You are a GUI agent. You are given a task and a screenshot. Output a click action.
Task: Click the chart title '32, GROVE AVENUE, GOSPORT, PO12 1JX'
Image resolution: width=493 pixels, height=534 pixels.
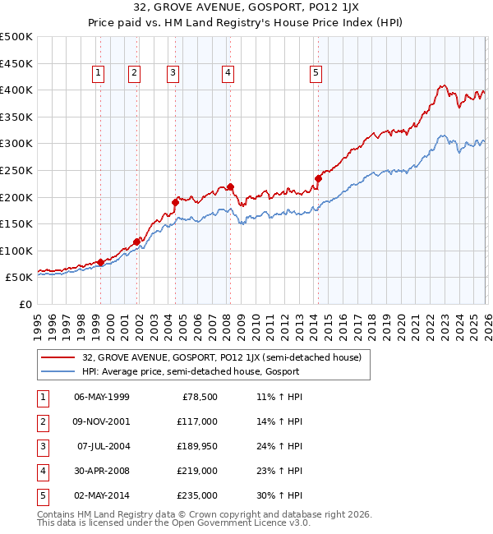(246, 9)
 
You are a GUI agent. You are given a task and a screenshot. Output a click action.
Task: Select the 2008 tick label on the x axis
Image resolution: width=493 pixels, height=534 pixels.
(225, 320)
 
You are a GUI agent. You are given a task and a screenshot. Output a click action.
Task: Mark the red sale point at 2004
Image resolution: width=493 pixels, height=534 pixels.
(175, 202)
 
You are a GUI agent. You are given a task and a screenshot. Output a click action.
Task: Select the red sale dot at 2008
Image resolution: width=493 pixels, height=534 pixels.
(230, 186)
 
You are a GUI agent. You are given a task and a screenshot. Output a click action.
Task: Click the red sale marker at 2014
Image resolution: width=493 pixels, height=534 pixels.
(318, 177)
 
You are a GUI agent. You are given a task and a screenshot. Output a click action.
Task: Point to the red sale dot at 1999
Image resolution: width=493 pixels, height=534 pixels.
(100, 262)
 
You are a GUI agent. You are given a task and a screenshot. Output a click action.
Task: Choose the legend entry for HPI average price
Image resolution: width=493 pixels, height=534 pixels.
(190, 372)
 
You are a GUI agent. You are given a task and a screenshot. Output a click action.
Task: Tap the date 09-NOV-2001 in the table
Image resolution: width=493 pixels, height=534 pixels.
(102, 421)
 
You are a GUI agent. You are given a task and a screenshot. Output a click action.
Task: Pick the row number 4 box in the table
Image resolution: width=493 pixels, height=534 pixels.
(42, 471)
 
